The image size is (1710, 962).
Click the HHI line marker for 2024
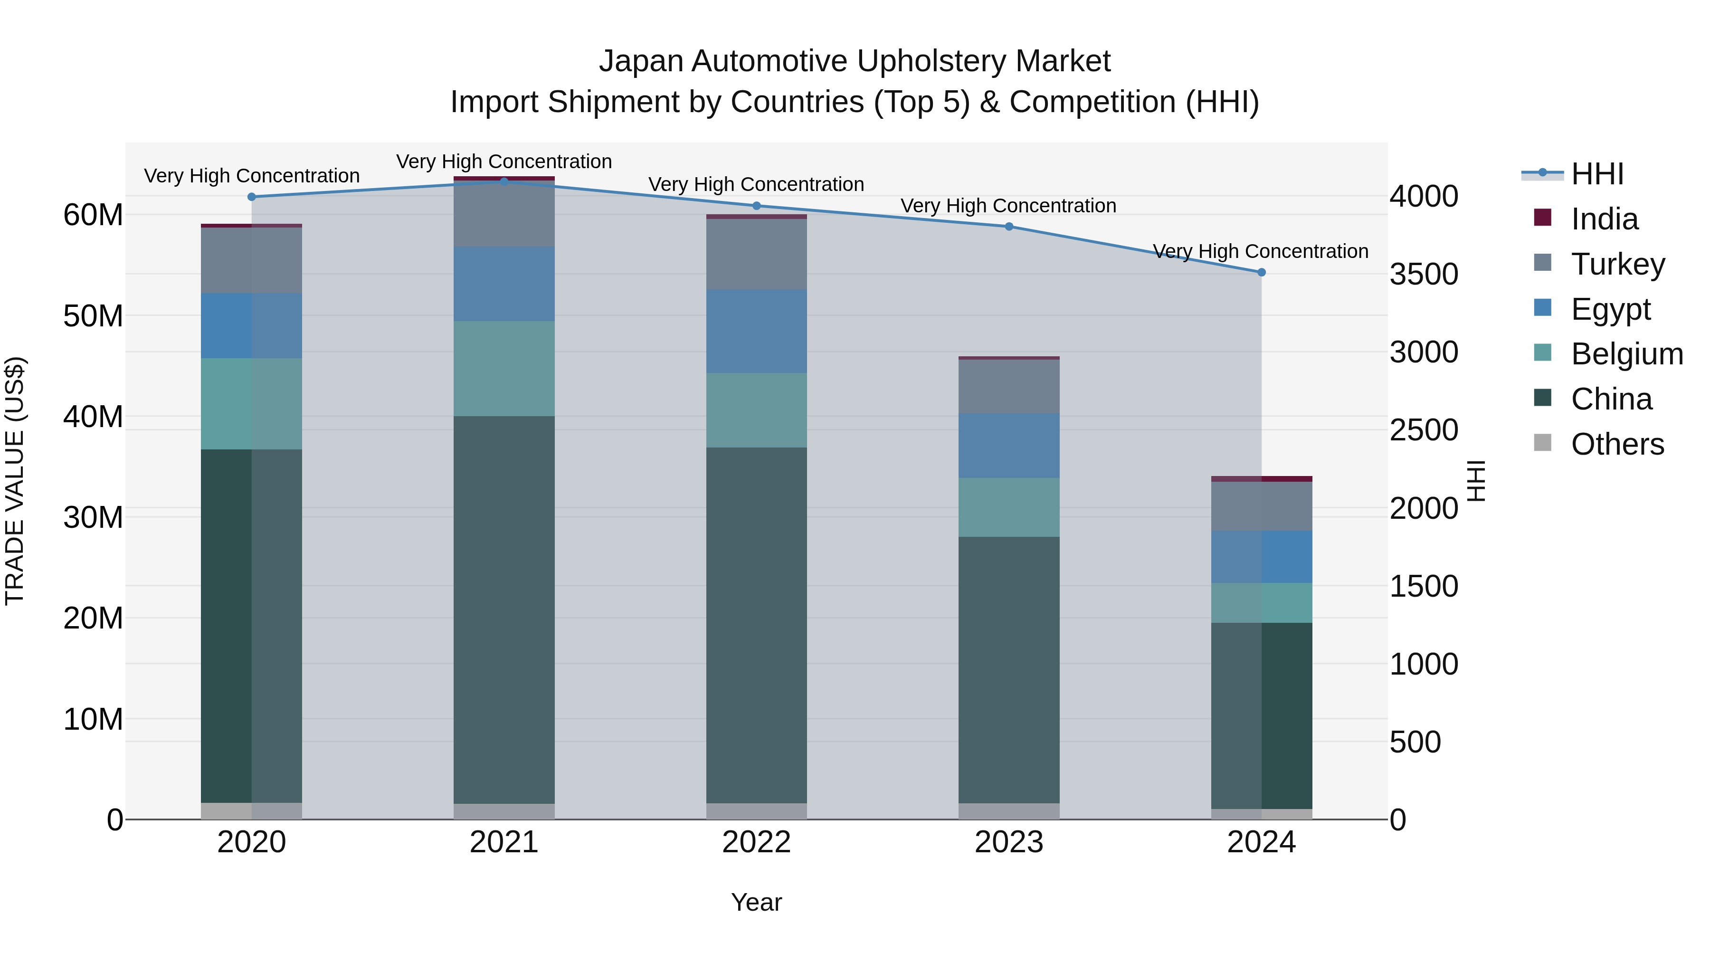1261,272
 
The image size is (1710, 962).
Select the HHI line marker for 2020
252,197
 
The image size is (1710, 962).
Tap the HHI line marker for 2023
1009,227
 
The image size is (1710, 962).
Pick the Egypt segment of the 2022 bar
756,331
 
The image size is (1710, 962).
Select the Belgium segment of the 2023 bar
1009,507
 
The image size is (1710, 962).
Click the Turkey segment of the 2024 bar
1261,506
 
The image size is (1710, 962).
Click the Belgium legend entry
1626,354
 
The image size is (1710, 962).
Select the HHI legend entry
1596,174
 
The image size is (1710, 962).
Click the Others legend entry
1617,444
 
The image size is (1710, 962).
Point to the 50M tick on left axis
93,316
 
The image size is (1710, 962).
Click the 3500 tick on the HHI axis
1424,274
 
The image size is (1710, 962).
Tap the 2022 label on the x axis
756,842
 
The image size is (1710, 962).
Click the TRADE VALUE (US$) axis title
15,481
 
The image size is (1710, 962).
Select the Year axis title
756,902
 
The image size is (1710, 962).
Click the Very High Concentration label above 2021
504,162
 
